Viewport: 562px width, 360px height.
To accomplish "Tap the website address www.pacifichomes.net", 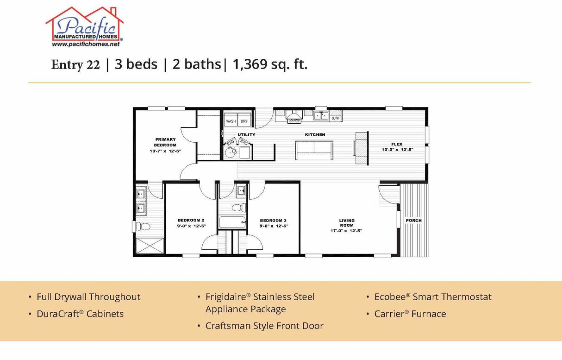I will [x=86, y=44].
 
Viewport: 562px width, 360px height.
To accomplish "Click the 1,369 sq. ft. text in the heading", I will [x=270, y=64].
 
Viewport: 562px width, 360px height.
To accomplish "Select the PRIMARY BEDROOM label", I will [x=165, y=142].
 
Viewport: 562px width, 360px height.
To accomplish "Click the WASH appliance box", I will [x=231, y=121].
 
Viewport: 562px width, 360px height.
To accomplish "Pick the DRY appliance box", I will [x=244, y=121].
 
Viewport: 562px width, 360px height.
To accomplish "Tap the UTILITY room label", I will [x=246, y=135].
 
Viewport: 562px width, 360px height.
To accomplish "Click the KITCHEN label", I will [x=315, y=135].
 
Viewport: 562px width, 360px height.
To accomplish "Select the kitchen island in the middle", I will [x=314, y=150].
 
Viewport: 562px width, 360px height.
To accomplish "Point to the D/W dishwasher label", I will [x=335, y=119].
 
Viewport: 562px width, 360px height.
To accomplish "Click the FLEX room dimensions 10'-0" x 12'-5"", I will [x=397, y=150].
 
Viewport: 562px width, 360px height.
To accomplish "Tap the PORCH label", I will [x=413, y=221].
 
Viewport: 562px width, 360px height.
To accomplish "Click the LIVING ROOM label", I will [x=347, y=223].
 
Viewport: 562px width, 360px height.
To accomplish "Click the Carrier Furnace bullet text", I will [x=410, y=314].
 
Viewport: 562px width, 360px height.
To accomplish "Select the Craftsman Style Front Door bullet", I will [x=264, y=326].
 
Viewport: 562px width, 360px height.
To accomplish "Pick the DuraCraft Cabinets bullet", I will [x=80, y=314].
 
